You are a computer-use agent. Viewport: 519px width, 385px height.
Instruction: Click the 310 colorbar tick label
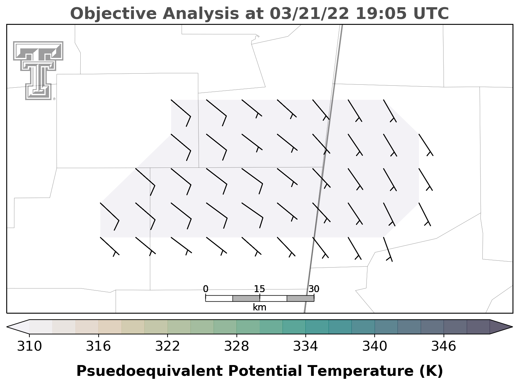pyautogui.click(x=29, y=346)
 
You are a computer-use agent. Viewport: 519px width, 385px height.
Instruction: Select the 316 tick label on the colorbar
pyautogui.click(x=98, y=346)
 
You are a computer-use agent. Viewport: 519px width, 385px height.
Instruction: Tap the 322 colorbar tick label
pyautogui.click(x=168, y=346)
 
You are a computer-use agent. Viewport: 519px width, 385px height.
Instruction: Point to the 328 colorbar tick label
pyautogui.click(x=236, y=346)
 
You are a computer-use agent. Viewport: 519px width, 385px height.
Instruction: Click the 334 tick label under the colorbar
pyautogui.click(x=305, y=346)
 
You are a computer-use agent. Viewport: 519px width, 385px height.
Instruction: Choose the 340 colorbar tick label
pyautogui.click(x=375, y=346)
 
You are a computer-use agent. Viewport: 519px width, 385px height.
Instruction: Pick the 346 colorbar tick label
pyautogui.click(x=444, y=346)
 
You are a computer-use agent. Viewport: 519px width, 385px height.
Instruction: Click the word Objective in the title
pyautogui.click(x=113, y=14)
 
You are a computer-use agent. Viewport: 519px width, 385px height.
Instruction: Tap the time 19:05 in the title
pyautogui.click(x=381, y=14)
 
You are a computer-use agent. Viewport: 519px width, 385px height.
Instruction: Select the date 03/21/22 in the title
pyautogui.click(x=309, y=14)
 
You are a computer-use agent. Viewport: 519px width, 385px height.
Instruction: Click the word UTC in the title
pyautogui.click(x=431, y=14)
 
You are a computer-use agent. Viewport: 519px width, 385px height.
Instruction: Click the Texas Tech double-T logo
pyautogui.click(x=38, y=71)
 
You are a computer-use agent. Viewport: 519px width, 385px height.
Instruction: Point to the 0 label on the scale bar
pyautogui.click(x=205, y=289)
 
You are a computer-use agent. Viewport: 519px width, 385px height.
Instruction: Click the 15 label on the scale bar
pyautogui.click(x=259, y=289)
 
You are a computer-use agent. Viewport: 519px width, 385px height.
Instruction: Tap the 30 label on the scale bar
pyautogui.click(x=314, y=289)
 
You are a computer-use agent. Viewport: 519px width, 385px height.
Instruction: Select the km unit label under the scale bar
pyautogui.click(x=259, y=307)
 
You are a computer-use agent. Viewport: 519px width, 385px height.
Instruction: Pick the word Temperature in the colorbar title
pyautogui.click(x=361, y=371)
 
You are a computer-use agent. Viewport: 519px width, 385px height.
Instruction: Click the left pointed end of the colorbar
pyautogui.click(x=7, y=327)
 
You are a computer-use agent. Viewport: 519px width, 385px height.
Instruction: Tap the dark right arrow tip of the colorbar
pyautogui.click(x=512, y=327)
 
